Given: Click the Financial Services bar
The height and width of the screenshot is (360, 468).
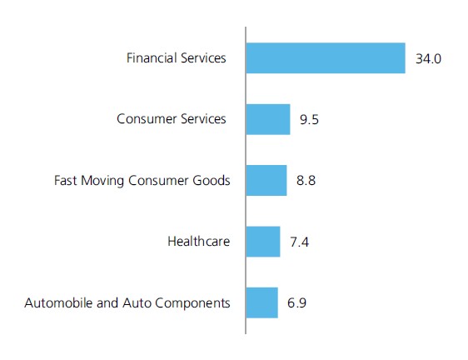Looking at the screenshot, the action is tap(326, 58).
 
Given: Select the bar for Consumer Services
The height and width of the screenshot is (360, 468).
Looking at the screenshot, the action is tap(268, 119).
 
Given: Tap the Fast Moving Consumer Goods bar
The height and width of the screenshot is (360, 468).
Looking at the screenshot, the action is tap(266, 181).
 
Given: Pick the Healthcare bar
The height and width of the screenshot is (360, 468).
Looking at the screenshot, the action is tap(263, 242).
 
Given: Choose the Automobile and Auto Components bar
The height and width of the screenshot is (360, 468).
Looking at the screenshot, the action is tap(262, 302).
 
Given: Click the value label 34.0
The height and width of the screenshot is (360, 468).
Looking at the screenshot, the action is tap(428, 59).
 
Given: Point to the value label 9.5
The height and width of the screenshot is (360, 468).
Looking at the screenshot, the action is tap(309, 120).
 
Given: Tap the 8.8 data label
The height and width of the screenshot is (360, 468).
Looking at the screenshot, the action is tap(306, 181).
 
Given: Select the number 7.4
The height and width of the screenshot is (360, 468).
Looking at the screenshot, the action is tap(299, 242).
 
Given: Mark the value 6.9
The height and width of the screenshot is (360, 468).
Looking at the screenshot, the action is tap(296, 303).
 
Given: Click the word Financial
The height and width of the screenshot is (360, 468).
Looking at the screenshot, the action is tap(152, 58).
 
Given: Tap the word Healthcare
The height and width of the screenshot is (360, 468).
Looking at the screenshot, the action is tap(199, 241).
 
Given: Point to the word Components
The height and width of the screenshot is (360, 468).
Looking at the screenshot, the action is tap(192, 304).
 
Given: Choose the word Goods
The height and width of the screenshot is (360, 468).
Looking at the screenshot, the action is tap(212, 181).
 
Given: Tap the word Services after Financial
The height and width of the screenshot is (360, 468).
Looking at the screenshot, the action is tap(203, 58).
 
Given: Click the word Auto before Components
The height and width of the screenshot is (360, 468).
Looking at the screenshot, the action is tap(137, 302).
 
